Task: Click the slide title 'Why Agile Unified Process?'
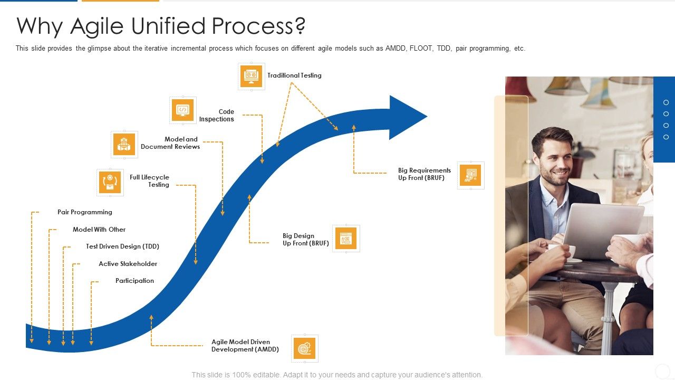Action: point(161,26)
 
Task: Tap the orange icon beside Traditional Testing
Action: point(252,77)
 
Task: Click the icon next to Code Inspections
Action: point(183,110)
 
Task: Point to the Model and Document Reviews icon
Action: point(124,145)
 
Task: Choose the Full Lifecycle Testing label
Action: point(149,181)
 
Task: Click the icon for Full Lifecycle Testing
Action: point(110,183)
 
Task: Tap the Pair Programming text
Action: point(85,212)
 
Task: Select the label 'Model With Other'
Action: point(99,230)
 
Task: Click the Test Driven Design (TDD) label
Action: point(122,246)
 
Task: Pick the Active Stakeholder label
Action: point(128,264)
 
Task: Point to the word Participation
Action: point(134,281)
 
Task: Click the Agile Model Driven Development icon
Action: point(305,348)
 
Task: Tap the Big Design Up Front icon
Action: point(346,239)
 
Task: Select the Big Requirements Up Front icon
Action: point(471,175)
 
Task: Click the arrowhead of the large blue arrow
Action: point(406,117)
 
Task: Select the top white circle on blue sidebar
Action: point(666,102)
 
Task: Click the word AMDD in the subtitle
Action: point(396,49)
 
